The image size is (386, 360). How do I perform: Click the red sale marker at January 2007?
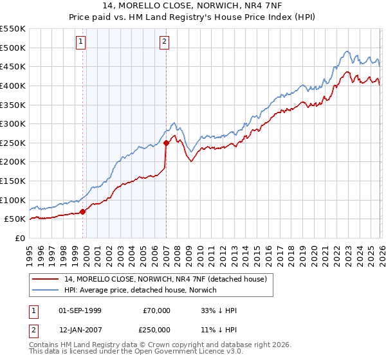pyautogui.click(x=166, y=143)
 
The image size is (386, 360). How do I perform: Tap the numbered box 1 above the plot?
pyautogui.click(x=81, y=42)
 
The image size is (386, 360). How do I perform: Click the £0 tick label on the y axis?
pyautogui.click(x=19, y=238)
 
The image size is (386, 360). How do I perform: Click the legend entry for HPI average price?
pyautogui.click(x=140, y=290)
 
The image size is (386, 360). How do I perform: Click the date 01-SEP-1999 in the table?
pyautogui.click(x=80, y=310)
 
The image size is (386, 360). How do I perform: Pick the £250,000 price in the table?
pyautogui.click(x=156, y=330)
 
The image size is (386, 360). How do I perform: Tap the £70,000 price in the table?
pyautogui.click(x=156, y=310)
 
